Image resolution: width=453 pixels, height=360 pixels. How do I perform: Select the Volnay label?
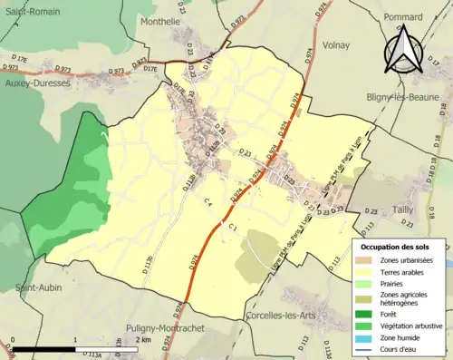point(335,44)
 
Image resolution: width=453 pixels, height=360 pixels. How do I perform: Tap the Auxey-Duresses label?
point(37,82)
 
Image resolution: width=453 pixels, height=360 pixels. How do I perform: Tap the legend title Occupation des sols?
point(395,247)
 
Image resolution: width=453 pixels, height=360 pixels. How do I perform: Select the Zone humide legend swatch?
point(368,336)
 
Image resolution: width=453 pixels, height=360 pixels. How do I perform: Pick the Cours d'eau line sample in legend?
point(368,348)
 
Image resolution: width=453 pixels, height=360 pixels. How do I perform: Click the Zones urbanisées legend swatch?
point(368,260)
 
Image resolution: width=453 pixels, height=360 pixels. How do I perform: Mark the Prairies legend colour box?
point(368,282)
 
